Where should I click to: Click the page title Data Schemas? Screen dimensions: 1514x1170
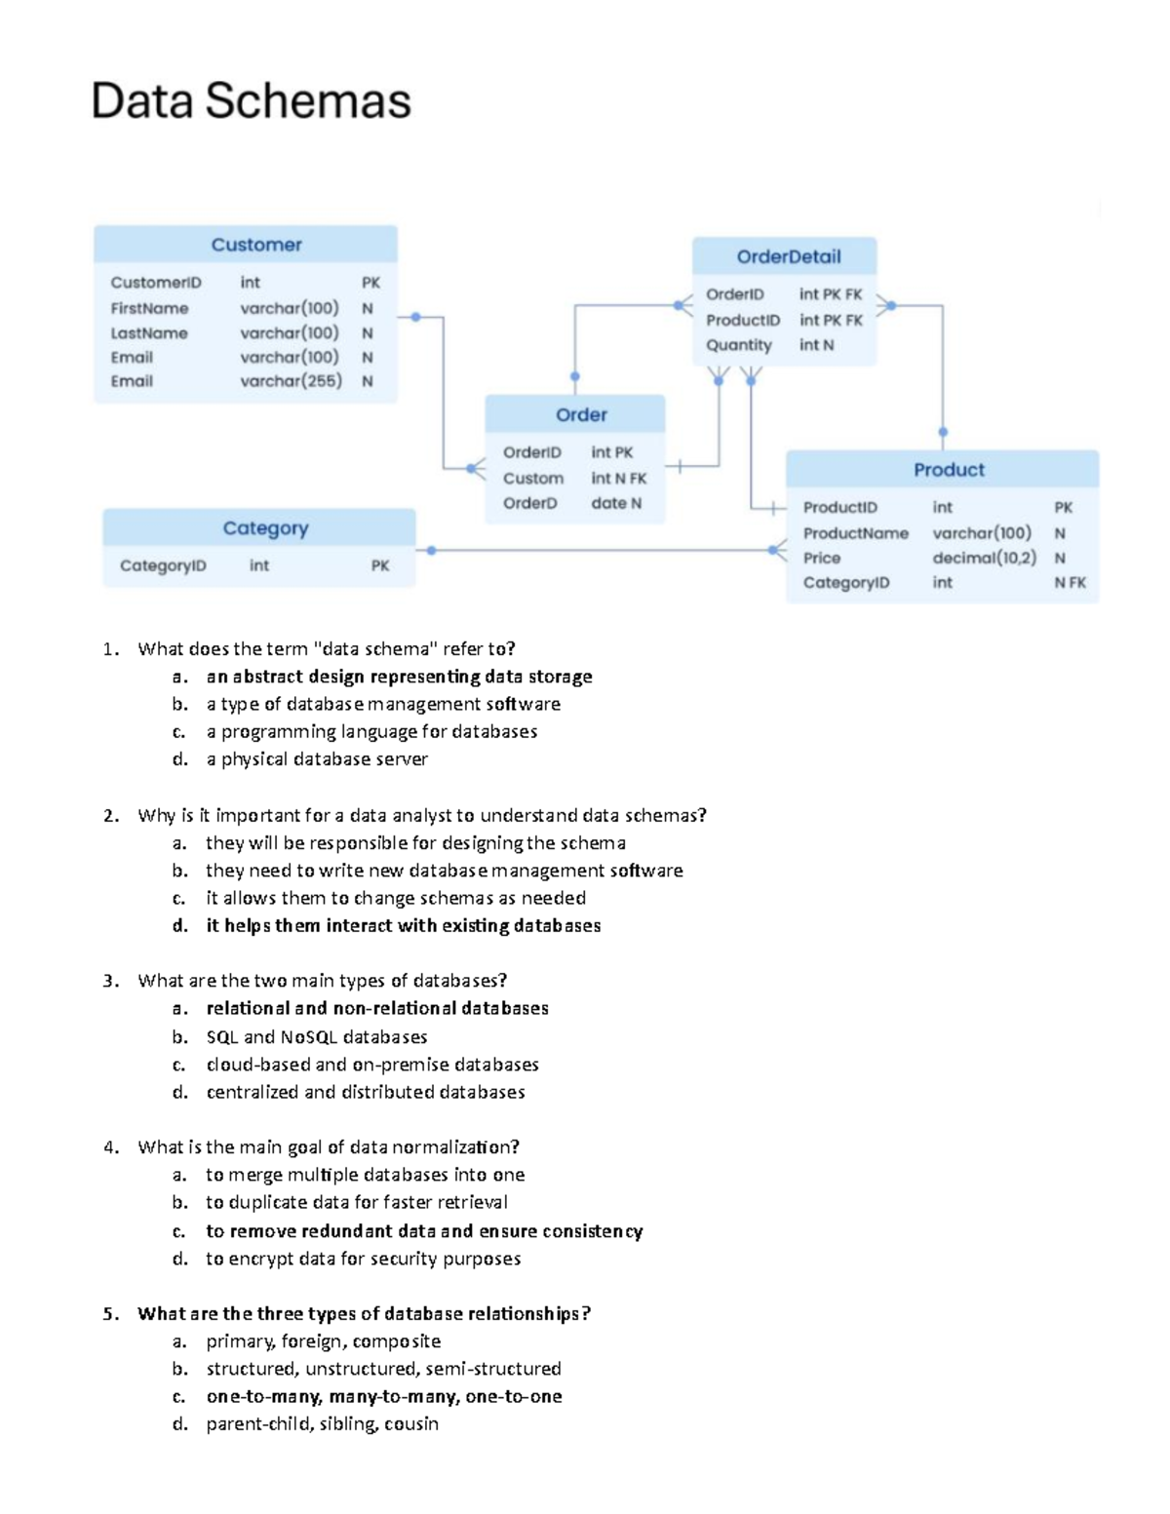pyautogui.click(x=251, y=101)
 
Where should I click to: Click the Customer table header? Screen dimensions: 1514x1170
pyautogui.click(x=256, y=245)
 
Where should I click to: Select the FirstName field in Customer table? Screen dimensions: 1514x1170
pyautogui.click(x=149, y=308)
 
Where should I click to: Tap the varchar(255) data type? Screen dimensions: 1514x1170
pyautogui.click(x=291, y=381)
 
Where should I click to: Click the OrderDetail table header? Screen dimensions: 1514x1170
pyautogui.click(x=788, y=256)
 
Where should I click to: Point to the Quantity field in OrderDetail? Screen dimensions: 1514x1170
pyautogui.click(x=738, y=345)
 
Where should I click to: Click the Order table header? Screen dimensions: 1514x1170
pyautogui.click(x=581, y=414)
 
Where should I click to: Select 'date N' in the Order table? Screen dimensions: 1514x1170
pyautogui.click(x=616, y=503)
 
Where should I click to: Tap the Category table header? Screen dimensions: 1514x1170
pyautogui.click(x=265, y=527)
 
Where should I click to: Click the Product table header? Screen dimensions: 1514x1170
pyautogui.click(x=949, y=470)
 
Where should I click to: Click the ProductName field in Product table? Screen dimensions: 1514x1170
pyautogui.click(x=855, y=533)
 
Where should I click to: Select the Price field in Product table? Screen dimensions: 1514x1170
pyautogui.click(x=821, y=558)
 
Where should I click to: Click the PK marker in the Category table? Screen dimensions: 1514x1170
pyautogui.click(x=380, y=565)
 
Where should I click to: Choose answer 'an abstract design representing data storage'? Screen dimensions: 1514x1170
pyautogui.click(x=399, y=677)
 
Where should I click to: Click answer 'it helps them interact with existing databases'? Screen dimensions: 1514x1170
pyautogui.click(x=403, y=925)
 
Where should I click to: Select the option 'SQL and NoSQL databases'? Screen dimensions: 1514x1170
pyautogui.click(x=316, y=1036)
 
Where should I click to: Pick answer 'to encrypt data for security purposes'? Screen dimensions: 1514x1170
pyautogui.click(x=363, y=1259)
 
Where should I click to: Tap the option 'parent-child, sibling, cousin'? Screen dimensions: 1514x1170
pyautogui.click(x=322, y=1423)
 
